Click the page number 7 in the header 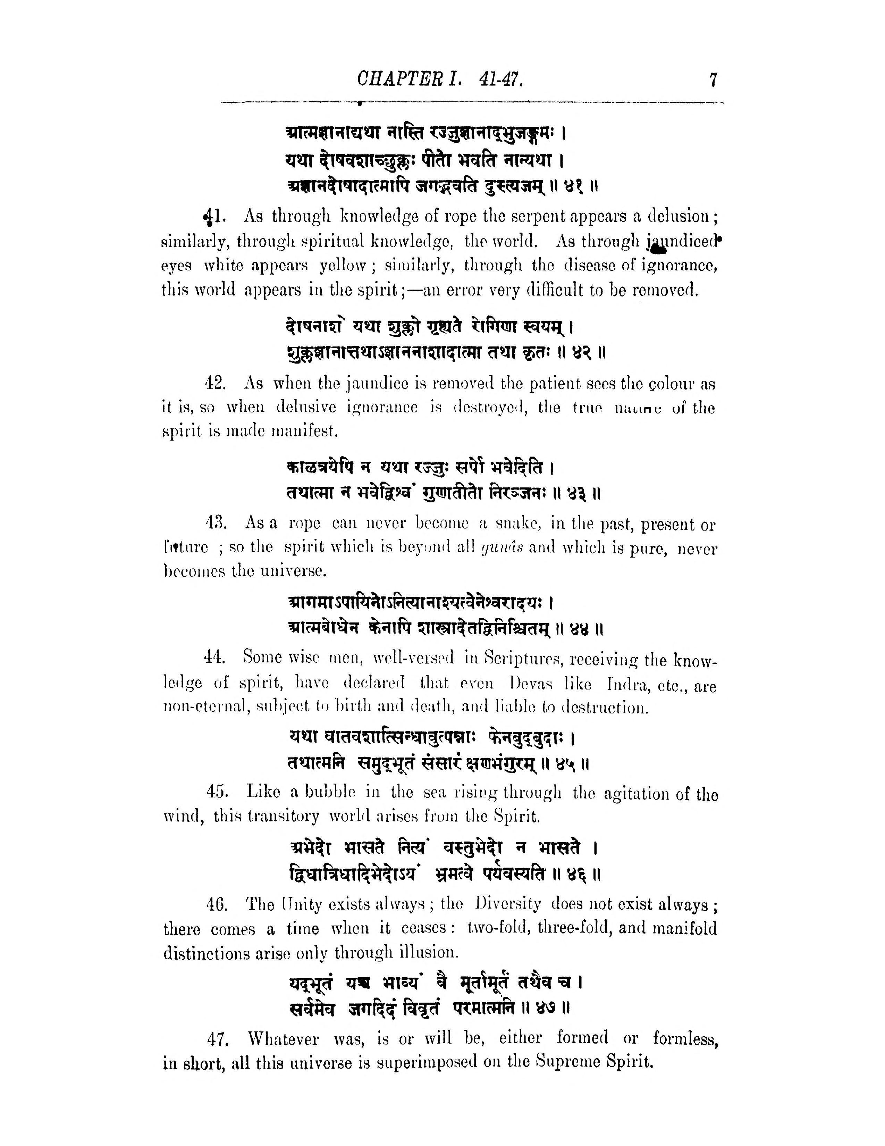click(x=713, y=80)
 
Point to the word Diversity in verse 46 click(x=506, y=904)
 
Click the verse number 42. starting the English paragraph click(x=215, y=384)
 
